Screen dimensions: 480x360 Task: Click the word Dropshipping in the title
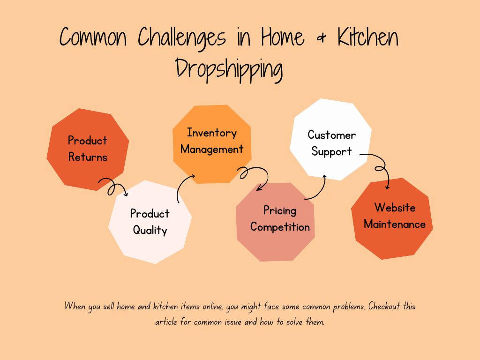(x=229, y=69)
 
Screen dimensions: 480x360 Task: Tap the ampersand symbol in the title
(x=321, y=38)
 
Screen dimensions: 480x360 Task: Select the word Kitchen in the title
(x=367, y=37)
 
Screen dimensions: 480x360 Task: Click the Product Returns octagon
(x=88, y=150)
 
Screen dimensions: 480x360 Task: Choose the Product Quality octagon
(x=150, y=222)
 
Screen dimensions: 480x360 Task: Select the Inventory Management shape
(x=212, y=144)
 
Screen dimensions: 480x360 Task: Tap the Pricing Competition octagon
(x=276, y=222)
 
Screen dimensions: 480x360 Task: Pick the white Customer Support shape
(x=330, y=139)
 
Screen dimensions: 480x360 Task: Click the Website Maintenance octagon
(x=392, y=218)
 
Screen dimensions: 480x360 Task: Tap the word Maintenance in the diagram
(x=395, y=225)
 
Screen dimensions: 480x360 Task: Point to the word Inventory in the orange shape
(x=212, y=133)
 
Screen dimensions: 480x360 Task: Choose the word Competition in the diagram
(x=280, y=227)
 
